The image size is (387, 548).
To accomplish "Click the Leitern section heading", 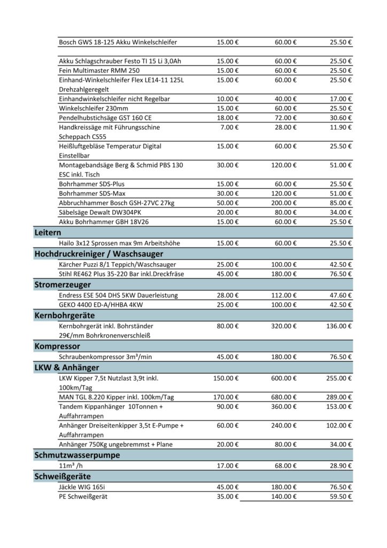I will click(48, 232).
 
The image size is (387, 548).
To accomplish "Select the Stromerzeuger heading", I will click(63, 284).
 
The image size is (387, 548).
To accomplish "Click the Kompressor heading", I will click(57, 346).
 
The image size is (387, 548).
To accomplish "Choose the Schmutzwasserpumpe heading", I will click(77, 455).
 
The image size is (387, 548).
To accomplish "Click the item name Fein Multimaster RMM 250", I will click(99, 71).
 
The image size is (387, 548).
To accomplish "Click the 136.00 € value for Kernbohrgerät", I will click(339, 325).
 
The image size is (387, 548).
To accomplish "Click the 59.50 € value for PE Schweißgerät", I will click(340, 496).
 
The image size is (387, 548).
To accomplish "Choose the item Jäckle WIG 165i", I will click(87, 486).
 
